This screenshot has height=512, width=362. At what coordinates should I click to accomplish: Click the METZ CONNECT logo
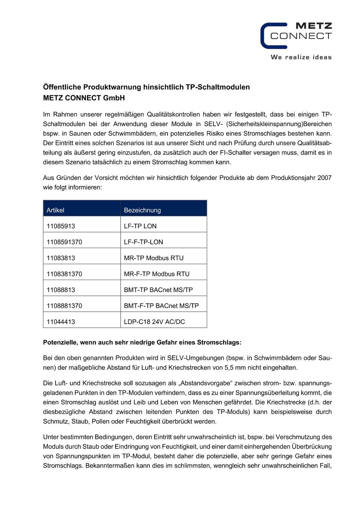[x=296, y=36]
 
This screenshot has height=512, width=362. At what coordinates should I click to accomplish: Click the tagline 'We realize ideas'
[x=301, y=57]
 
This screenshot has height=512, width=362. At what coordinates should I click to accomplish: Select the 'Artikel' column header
[x=56, y=210]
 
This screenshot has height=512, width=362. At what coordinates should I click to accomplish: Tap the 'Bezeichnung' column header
[x=142, y=210]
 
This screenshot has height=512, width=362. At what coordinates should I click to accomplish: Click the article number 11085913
[x=61, y=226]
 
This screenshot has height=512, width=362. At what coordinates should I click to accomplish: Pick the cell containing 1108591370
[x=64, y=242]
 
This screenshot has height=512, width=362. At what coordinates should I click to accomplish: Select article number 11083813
[x=61, y=258]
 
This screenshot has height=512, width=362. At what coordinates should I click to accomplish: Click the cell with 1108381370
[x=64, y=274]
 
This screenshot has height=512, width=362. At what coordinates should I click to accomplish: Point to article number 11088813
[x=61, y=290]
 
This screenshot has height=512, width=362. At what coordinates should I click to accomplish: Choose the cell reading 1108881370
[x=64, y=306]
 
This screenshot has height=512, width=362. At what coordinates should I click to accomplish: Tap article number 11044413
[x=61, y=321]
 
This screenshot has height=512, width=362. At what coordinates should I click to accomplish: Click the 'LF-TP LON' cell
[x=140, y=226]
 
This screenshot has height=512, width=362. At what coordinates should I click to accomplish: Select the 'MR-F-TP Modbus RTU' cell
[x=157, y=274]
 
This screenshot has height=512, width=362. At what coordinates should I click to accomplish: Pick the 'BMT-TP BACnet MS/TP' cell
[x=158, y=290]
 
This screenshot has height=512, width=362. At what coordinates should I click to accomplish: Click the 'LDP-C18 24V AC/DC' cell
[x=154, y=321]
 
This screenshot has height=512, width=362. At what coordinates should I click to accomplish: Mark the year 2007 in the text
[x=324, y=178]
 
